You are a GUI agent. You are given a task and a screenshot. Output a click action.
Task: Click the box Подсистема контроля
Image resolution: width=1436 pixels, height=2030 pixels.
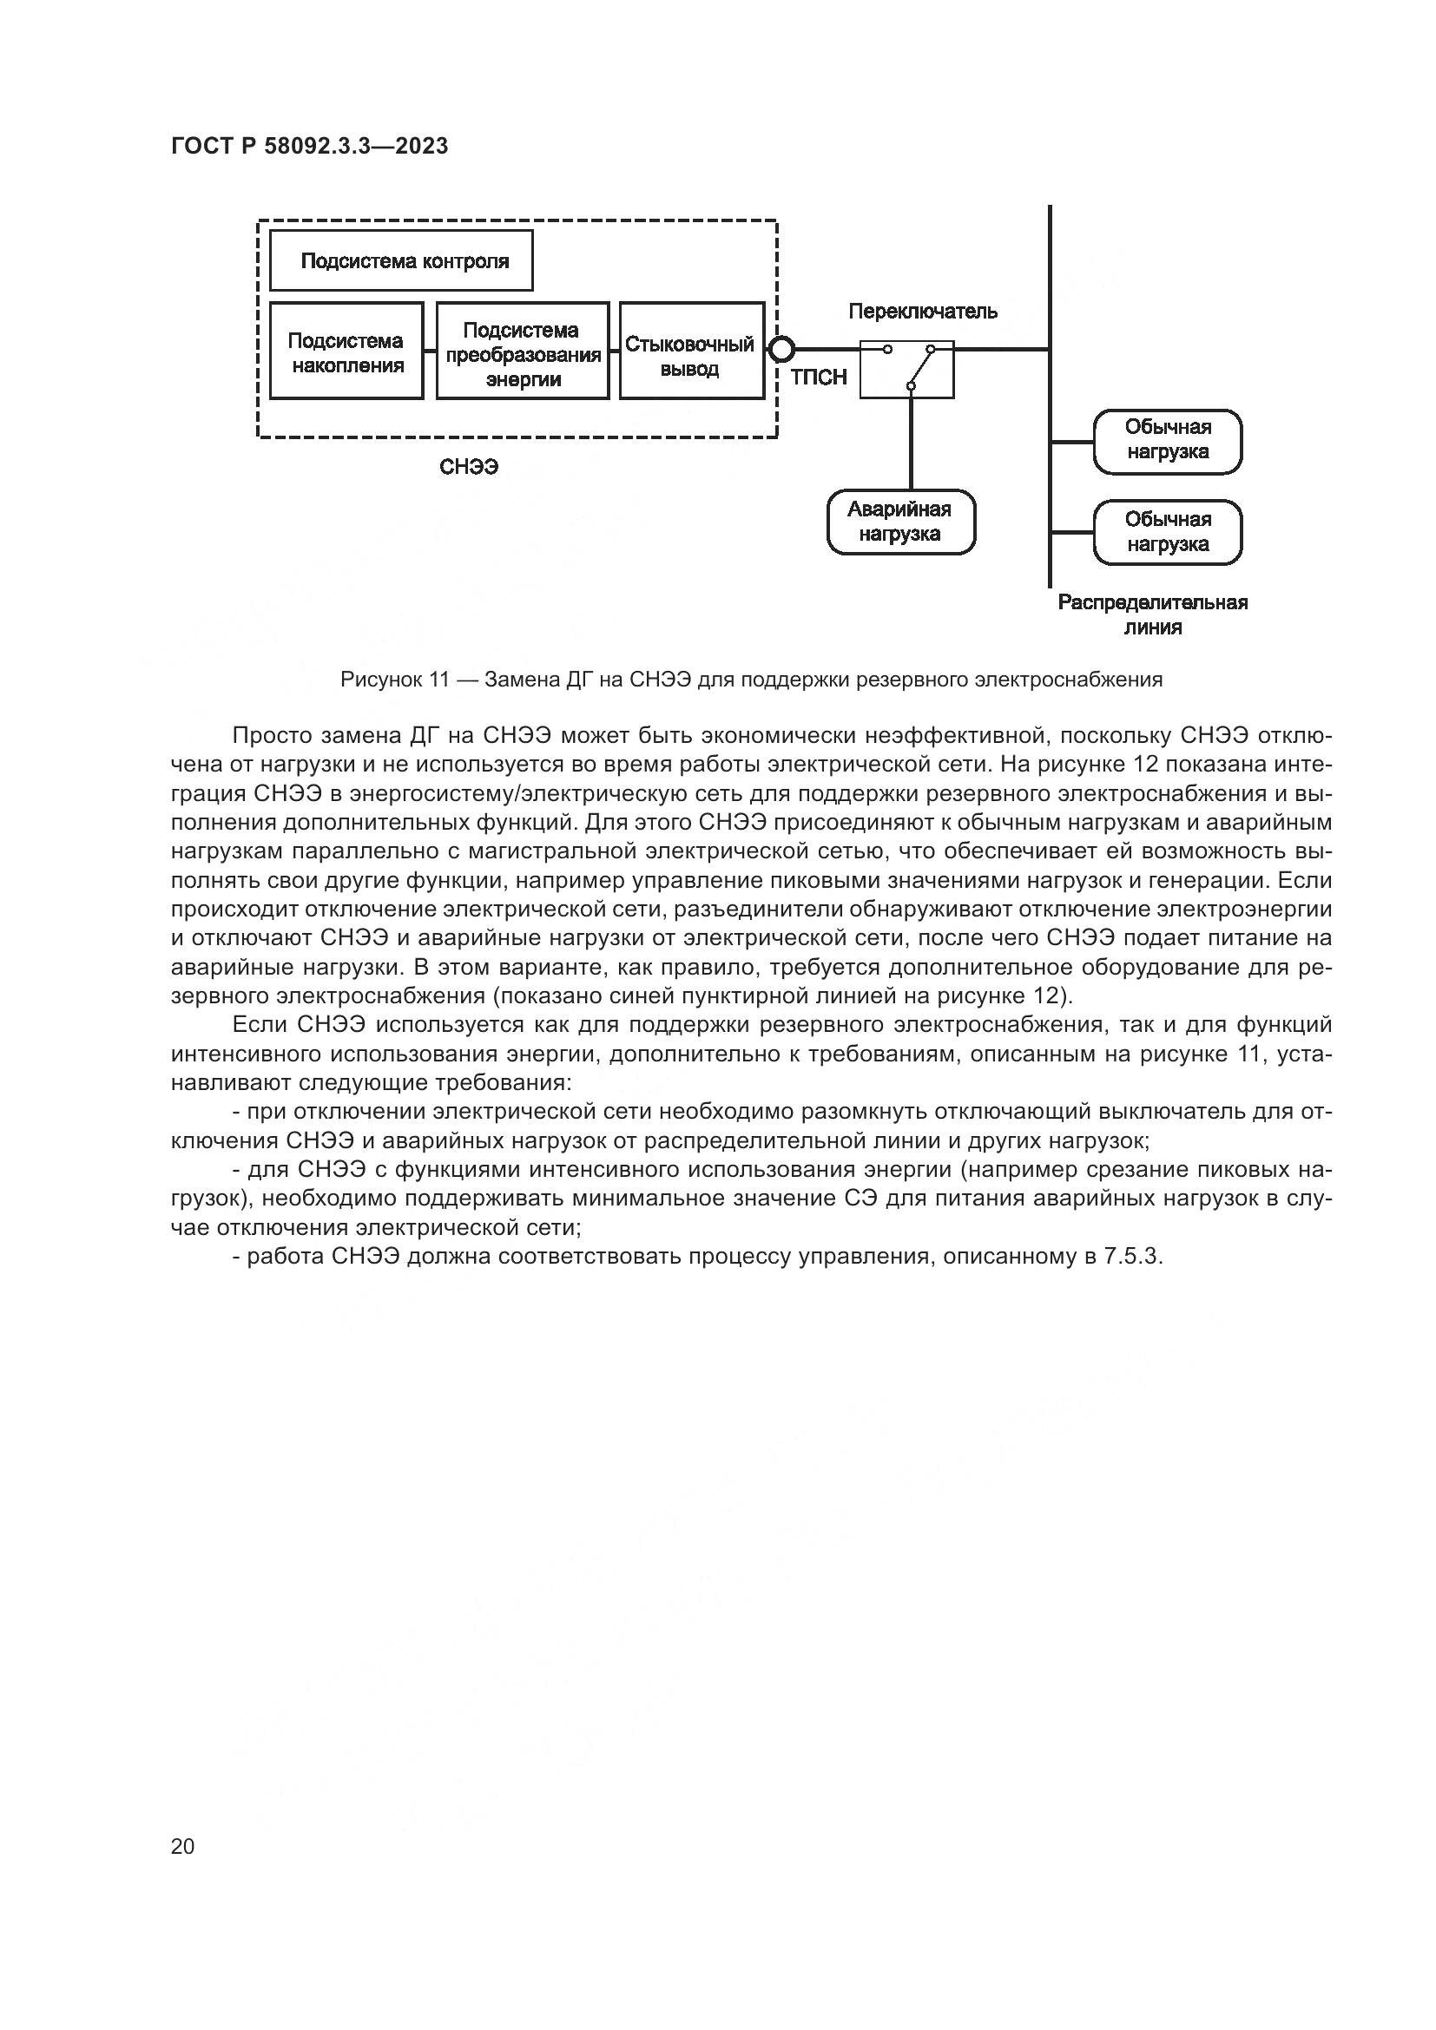[401, 261]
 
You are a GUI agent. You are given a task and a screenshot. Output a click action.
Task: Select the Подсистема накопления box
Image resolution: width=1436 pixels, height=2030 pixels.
[346, 351]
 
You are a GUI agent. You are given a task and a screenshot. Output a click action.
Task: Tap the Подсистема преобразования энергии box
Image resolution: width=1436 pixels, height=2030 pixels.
[523, 351]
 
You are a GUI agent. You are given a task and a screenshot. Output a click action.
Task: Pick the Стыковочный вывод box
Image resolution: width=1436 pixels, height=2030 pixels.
[691, 351]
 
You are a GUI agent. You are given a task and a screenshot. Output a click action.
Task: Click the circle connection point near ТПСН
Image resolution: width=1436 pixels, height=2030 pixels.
[781, 349]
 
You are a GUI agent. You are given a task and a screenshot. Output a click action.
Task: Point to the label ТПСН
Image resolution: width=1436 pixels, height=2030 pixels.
[819, 378]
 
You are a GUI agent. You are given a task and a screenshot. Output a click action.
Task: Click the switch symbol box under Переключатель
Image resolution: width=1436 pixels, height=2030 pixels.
[907, 370]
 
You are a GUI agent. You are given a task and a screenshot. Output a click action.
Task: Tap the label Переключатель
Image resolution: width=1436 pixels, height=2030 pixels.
[923, 312]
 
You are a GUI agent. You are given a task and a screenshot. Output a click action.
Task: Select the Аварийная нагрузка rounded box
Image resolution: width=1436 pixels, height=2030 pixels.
[901, 522]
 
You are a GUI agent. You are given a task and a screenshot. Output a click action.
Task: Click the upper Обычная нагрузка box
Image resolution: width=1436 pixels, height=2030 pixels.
[1168, 441]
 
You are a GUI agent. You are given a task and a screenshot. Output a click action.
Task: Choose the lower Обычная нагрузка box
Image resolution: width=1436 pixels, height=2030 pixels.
[1168, 532]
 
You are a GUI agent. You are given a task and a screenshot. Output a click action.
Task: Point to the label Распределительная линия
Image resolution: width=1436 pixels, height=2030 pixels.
[1153, 614]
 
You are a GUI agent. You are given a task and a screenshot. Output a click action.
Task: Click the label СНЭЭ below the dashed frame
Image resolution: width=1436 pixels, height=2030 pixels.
[470, 467]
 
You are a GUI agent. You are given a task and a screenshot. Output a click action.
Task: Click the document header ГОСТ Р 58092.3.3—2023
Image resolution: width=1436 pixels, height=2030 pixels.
[309, 146]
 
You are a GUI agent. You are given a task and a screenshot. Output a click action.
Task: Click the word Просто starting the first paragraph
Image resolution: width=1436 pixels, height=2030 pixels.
[275, 736]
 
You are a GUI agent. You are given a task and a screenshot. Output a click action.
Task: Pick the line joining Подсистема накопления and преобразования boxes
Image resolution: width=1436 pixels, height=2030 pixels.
[431, 349]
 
